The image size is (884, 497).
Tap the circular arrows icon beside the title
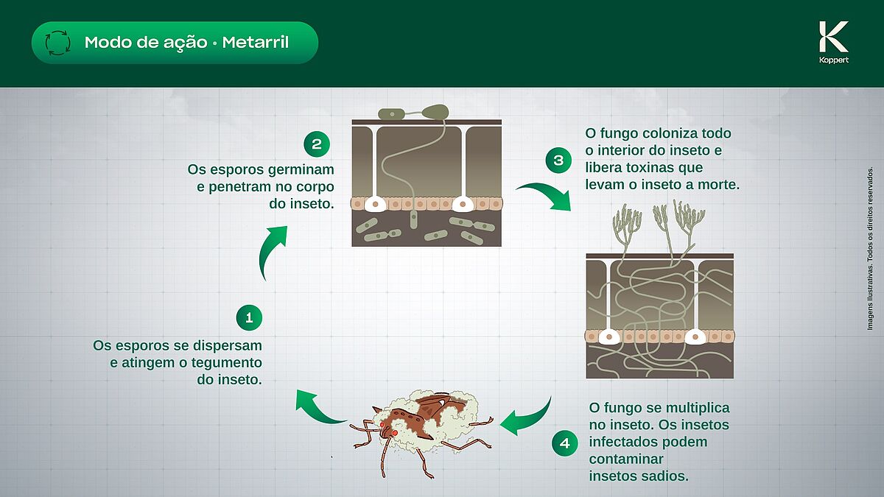(x=57, y=43)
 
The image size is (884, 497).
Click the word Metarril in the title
(x=257, y=43)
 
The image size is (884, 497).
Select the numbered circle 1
(x=249, y=317)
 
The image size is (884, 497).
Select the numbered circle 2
(x=317, y=143)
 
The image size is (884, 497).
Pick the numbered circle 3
(x=558, y=160)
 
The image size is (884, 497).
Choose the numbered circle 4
(x=564, y=443)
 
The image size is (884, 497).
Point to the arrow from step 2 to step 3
(x=544, y=195)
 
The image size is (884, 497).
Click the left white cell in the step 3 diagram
(x=609, y=336)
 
